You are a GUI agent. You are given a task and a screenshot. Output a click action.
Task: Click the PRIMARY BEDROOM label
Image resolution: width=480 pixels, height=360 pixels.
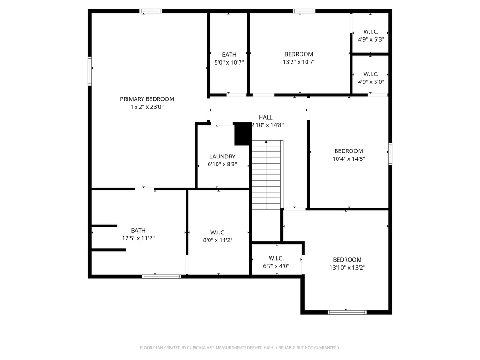coord(147,99)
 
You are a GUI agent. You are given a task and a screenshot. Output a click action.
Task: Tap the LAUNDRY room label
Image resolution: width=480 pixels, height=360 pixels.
coord(222,157)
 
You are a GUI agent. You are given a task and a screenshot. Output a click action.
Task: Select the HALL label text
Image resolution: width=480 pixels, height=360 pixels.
coord(265,117)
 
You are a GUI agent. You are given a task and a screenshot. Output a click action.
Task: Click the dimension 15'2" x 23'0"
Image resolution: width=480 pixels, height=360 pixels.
coord(147,107)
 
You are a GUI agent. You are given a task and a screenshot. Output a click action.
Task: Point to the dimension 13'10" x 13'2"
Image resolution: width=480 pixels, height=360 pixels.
coord(347,268)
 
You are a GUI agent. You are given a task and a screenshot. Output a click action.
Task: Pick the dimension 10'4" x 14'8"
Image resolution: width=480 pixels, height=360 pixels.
coord(349,159)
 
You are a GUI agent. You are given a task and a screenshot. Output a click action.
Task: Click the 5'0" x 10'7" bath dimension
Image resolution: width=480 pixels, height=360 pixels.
coord(229,62)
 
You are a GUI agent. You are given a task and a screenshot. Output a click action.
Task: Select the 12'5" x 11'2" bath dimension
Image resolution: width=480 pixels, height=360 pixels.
coord(138,238)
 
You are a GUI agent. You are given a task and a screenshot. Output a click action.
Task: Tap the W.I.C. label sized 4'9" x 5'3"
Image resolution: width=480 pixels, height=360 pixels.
coord(371,32)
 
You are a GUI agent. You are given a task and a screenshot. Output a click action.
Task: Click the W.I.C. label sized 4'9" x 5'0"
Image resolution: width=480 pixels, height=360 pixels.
coord(371,74)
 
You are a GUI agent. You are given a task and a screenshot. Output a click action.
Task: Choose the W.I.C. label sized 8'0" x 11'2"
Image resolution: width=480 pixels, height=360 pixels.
coord(218,232)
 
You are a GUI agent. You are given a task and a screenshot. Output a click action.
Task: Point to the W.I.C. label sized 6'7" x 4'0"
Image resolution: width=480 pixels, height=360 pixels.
coord(276,258)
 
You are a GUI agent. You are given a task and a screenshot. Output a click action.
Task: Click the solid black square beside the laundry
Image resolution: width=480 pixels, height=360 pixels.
coord(243,134)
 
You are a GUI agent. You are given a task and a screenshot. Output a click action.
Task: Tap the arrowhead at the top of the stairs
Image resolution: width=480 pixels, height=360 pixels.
coord(266,142)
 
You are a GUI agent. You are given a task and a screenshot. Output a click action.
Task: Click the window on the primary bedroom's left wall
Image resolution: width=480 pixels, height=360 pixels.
coord(90,71)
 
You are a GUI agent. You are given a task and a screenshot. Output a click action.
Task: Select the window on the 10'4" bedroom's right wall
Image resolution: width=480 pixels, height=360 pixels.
coord(390,154)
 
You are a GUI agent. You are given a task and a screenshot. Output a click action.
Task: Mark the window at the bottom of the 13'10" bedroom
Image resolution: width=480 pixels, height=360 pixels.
coord(347,312)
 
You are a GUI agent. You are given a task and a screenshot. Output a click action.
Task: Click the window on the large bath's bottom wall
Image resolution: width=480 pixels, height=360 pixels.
coord(162,277)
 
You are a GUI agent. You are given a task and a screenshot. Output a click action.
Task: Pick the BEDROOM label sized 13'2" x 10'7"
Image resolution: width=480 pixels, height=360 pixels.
coord(299,54)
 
